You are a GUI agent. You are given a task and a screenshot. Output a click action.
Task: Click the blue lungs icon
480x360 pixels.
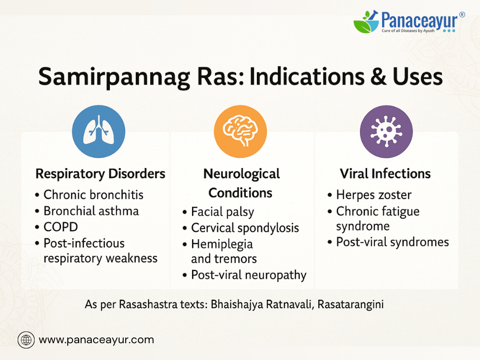pyautogui.click(x=98, y=132)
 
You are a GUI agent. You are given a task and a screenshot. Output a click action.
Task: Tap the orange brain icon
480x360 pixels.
pyautogui.click(x=240, y=132)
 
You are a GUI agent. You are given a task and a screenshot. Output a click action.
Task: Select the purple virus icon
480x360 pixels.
pyautogui.click(x=386, y=132)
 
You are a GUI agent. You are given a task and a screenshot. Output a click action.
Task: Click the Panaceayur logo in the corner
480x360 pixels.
pyautogui.click(x=409, y=22)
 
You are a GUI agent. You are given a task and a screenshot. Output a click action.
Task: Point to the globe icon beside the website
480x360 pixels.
pyautogui.click(x=26, y=340)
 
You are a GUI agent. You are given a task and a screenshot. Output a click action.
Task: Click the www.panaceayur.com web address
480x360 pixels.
pyautogui.click(x=96, y=340)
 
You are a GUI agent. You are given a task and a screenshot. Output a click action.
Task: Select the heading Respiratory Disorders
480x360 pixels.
pyautogui.click(x=100, y=174)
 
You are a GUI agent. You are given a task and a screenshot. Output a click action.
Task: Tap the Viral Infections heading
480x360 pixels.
pyautogui.click(x=385, y=174)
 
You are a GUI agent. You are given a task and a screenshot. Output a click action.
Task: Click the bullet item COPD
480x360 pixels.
pyautogui.click(x=60, y=227)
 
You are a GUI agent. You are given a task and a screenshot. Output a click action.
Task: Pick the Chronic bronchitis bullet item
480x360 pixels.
pyautogui.click(x=94, y=195)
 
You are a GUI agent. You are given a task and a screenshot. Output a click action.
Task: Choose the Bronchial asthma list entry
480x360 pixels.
pyautogui.click(x=91, y=211)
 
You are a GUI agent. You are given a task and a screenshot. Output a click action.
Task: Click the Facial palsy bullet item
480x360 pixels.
pyautogui.click(x=223, y=212)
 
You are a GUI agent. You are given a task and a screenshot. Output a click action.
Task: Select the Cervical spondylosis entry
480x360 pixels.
pyautogui.click(x=245, y=228)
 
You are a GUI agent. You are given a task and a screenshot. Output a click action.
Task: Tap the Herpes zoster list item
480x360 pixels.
pyautogui.click(x=374, y=195)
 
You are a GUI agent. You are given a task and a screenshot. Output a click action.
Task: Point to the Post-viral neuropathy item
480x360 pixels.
pyautogui.click(x=249, y=275)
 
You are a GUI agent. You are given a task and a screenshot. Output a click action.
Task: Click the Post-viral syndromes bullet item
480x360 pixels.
pyautogui.click(x=393, y=242)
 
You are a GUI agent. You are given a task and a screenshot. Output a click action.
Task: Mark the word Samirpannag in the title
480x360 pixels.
pyautogui.click(x=114, y=77)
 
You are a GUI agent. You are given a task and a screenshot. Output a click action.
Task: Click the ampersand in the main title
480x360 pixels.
pyautogui.click(x=378, y=76)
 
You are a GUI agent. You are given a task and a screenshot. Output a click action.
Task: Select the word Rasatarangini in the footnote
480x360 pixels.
pyautogui.click(x=350, y=305)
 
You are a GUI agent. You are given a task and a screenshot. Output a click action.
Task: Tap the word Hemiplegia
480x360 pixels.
pyautogui.click(x=222, y=244)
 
